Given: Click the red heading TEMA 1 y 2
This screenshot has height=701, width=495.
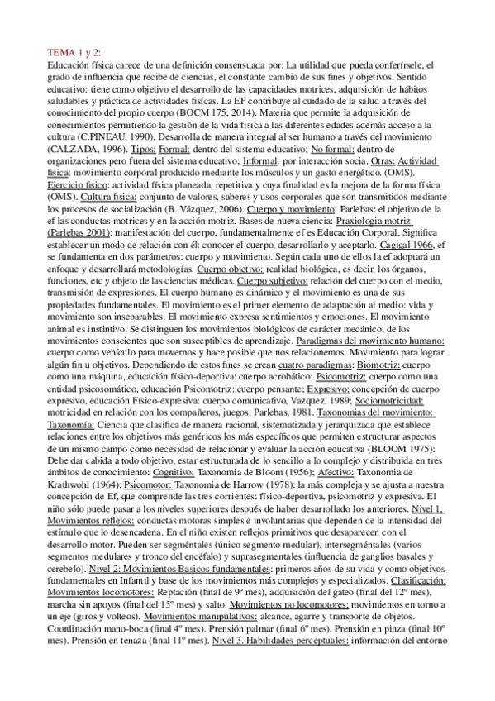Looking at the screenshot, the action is [x=77, y=51].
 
